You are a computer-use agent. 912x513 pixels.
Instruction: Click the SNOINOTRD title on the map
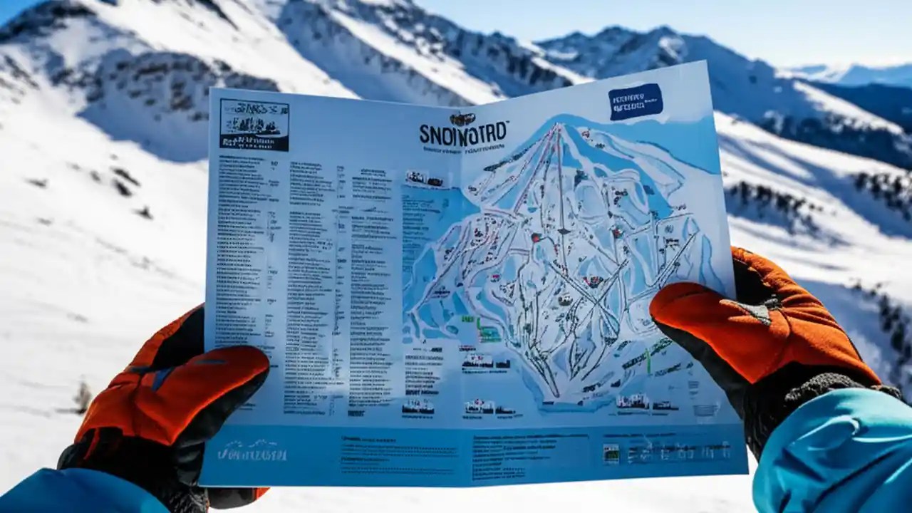(x=463, y=133)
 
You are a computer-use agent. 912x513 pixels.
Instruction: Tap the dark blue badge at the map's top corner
(x=636, y=101)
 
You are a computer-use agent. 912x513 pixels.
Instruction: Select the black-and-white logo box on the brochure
(x=254, y=125)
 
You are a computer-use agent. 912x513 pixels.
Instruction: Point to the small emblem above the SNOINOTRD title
(x=462, y=119)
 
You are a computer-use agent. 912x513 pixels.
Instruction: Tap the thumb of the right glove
(x=684, y=299)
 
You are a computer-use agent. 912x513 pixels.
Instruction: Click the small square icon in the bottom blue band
(x=611, y=453)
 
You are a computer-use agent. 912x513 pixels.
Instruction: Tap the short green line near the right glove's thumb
(x=648, y=361)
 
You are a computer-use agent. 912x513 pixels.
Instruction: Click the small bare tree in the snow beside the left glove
(x=83, y=396)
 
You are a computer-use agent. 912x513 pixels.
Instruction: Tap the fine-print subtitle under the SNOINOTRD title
(x=463, y=150)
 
